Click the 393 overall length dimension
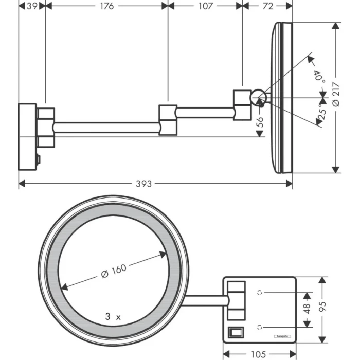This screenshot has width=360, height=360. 147,184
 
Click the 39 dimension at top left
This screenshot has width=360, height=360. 31,6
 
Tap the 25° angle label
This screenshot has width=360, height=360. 321,112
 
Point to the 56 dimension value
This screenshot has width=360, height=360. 260,122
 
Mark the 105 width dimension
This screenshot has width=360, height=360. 260,354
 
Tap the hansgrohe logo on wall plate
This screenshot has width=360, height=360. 284,336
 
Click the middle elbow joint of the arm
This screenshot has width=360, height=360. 168,120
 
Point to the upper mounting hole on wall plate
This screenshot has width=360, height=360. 260,293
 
